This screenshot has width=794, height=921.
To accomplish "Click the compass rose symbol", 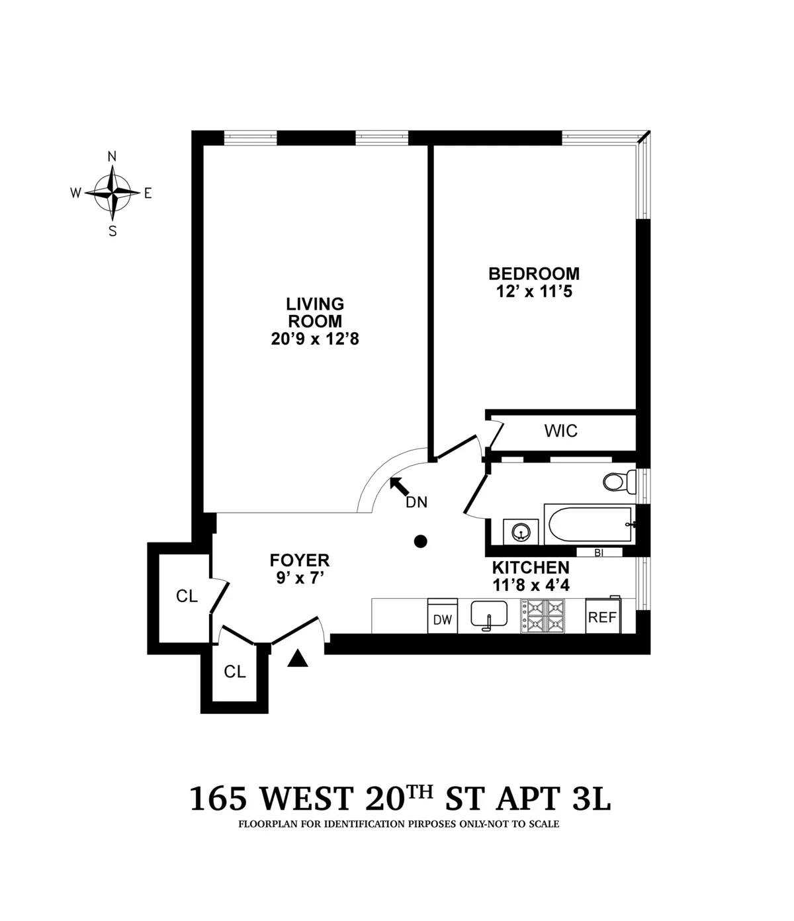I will click(x=112, y=193).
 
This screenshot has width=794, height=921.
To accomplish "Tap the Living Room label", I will click(x=315, y=313).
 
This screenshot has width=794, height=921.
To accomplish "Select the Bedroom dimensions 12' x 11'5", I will click(x=533, y=291).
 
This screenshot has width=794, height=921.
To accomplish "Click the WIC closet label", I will click(x=560, y=431).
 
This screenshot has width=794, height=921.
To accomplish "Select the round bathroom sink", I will click(x=521, y=532).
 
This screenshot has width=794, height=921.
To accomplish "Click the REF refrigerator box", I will click(x=602, y=617).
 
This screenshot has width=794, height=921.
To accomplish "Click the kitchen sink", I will click(x=489, y=614).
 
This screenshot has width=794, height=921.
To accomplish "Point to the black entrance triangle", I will click(x=299, y=658).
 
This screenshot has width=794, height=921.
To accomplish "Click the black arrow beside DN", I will click(x=399, y=486).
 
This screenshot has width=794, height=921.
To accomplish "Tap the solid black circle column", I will click(x=419, y=541).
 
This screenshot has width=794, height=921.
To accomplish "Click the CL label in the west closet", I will click(x=187, y=596).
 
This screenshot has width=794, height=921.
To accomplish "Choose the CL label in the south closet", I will click(x=235, y=672).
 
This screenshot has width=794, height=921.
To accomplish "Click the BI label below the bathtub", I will click(x=599, y=553).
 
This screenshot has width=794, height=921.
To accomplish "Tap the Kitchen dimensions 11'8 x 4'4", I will click(x=531, y=585).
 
